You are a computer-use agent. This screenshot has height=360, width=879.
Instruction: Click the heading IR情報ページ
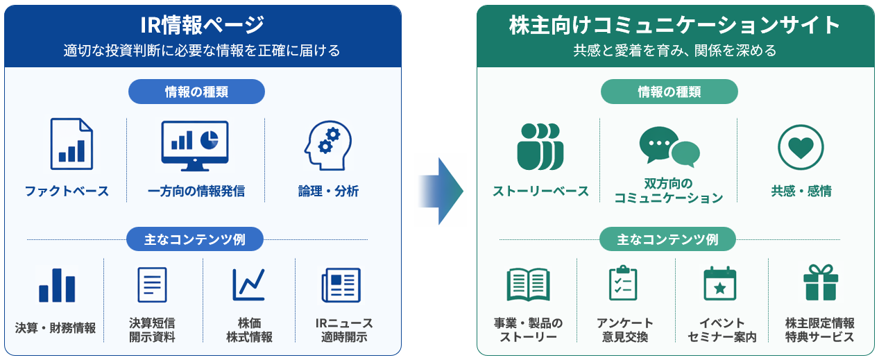click(202, 25)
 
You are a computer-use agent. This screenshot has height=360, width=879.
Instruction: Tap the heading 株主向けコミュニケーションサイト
click(675, 25)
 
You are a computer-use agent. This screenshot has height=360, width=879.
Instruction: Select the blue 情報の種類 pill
click(196, 92)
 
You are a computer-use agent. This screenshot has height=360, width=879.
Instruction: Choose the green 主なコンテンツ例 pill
click(667, 239)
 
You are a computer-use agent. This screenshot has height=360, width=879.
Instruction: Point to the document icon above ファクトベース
click(71, 144)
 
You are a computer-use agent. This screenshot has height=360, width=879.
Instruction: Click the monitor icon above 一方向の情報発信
click(195, 146)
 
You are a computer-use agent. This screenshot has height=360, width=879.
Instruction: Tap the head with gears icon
click(328, 145)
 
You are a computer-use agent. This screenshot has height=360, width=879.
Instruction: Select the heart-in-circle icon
click(801, 147)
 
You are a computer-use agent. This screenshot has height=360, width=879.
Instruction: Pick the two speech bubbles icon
click(669, 146)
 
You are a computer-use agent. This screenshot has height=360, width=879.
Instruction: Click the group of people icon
click(540, 146)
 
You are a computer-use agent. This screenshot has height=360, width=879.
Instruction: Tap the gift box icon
click(821, 282)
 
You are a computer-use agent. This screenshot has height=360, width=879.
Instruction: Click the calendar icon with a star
click(719, 284)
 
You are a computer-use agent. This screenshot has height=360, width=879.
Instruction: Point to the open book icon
click(528, 284)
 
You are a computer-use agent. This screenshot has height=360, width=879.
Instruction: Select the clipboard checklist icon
click(623, 283)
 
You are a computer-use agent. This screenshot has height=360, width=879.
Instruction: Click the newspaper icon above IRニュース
click(341, 285)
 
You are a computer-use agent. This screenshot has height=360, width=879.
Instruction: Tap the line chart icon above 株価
click(249, 284)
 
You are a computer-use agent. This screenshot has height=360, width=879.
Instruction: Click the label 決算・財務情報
click(56, 328)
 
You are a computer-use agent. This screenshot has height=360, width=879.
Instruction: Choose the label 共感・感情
click(801, 191)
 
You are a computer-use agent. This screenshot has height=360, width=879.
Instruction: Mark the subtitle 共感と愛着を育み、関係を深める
click(675, 51)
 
